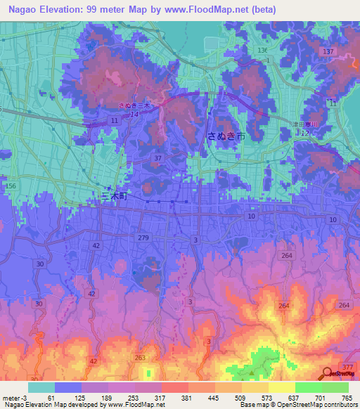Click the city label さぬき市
click(226, 136)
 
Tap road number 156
click(10, 185)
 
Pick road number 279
click(144, 239)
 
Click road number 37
click(158, 158)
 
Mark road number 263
click(140, 357)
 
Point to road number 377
click(347, 365)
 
